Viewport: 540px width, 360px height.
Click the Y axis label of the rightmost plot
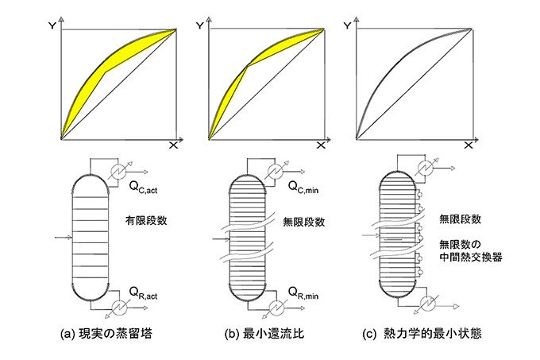click(x=347, y=25)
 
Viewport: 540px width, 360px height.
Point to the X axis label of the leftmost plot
click(x=174, y=147)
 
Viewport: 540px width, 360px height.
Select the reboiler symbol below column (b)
click(x=275, y=307)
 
